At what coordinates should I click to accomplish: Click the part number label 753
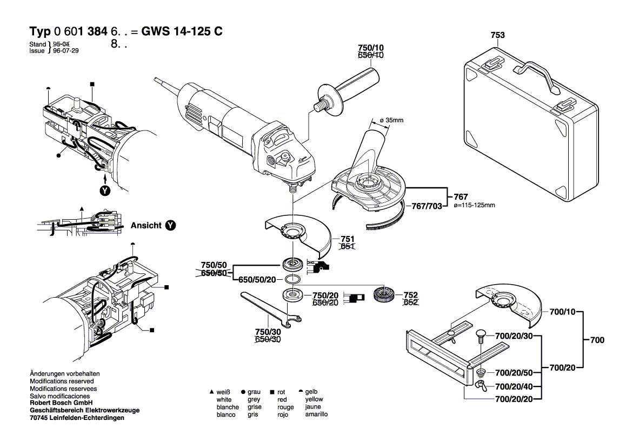497,35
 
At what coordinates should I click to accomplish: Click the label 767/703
427,206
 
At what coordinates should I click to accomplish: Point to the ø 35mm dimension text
391,120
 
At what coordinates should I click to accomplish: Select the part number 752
410,295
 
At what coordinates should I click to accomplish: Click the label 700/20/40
514,386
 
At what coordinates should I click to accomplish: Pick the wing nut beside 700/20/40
480,385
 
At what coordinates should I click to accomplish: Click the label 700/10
563,312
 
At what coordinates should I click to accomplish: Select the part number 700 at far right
597,340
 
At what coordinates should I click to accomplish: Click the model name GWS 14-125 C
182,31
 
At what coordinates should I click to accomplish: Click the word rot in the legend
282,391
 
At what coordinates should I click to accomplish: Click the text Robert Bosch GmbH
61,403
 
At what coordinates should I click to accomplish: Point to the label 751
347,238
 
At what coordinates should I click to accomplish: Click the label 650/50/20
257,279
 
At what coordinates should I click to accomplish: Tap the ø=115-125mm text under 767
475,206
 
